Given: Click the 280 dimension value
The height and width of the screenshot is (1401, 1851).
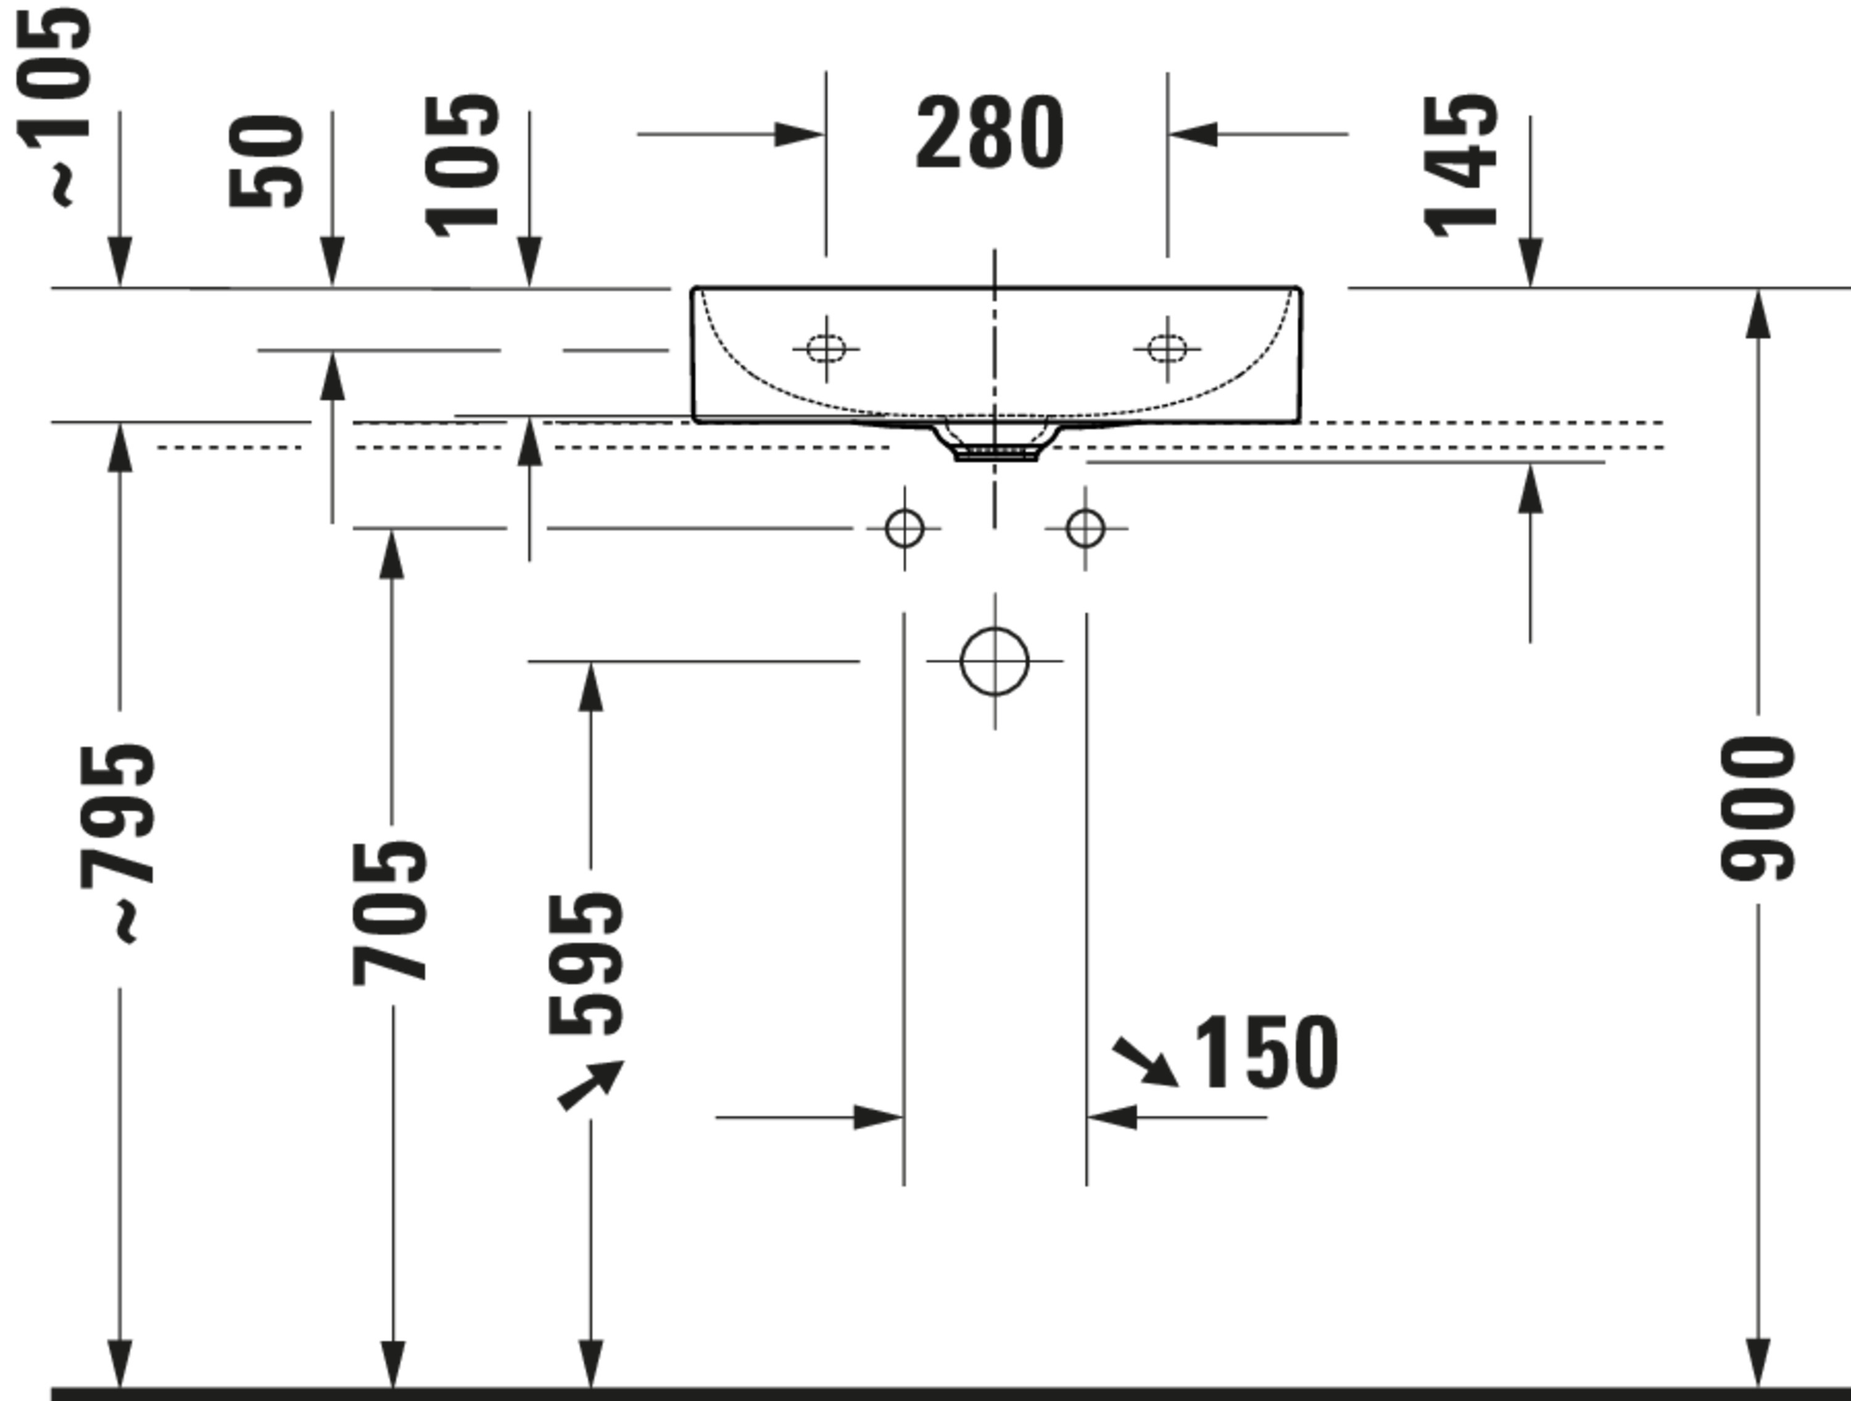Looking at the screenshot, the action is (x=990, y=132).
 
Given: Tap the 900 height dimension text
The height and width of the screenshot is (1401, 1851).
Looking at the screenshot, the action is (x=1757, y=809).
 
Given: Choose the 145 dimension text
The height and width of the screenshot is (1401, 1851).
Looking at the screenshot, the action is (x=1460, y=166).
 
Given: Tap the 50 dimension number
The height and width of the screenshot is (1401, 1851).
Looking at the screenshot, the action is (x=265, y=160).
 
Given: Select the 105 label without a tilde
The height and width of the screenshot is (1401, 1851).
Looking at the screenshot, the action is (x=461, y=166).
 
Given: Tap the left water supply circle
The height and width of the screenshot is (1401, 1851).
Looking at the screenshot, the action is (x=904, y=529).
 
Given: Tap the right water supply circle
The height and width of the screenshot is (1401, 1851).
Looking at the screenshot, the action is (x=1085, y=529).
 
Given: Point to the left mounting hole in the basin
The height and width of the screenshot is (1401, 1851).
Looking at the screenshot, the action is (x=826, y=348).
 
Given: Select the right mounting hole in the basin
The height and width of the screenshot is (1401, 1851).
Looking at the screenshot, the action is (x=1167, y=348).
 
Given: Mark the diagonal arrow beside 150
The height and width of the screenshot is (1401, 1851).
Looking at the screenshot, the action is (x=1145, y=1061).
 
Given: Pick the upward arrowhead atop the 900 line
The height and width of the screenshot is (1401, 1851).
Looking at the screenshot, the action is (x=1757, y=314).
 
